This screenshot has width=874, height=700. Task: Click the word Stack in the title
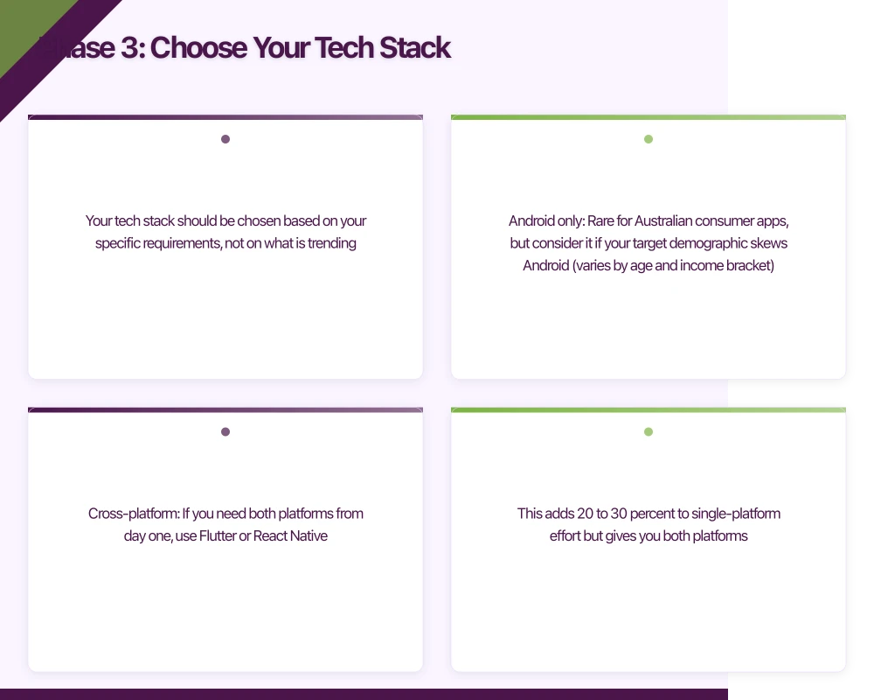tap(414, 48)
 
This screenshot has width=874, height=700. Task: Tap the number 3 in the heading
tap(129, 48)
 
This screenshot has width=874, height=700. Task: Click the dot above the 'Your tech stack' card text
tap(225, 139)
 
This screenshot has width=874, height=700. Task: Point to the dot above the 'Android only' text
tap(649, 139)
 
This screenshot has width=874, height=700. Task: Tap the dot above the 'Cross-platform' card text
tap(225, 431)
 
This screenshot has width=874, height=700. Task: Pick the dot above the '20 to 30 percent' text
tap(649, 431)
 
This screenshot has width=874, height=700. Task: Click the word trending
tap(331, 243)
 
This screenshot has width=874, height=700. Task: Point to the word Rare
tap(600, 220)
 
